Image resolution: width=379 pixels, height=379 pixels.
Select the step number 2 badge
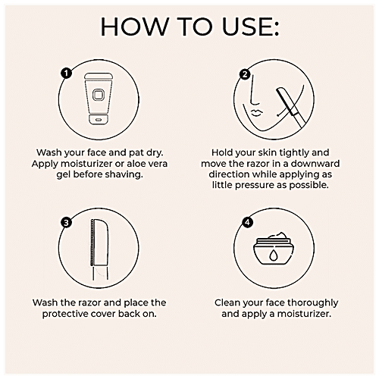click(245, 74)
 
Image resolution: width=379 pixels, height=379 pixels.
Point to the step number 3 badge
click(67, 223)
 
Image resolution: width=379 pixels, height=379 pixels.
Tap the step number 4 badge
click(245, 223)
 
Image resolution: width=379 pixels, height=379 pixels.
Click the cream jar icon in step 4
click(274, 254)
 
